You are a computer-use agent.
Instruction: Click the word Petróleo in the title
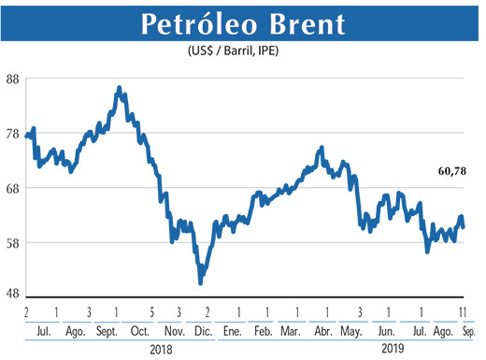pos(195,25)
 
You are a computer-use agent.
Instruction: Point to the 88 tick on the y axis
pos(15,79)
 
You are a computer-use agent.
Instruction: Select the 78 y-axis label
pos(15,134)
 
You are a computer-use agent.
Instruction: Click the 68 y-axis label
pos(15,189)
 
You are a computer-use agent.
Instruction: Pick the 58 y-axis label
pos(15,243)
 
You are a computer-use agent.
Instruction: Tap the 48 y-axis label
pos(15,294)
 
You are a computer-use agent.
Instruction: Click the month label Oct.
pos(140,330)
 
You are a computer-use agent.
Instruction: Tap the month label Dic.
pos(202,330)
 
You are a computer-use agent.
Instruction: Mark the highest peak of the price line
pos(119,88)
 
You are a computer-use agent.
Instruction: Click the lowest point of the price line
pos(200,282)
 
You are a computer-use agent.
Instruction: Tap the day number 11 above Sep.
pos(462,311)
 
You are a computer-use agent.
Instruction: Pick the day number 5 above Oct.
pos(151,311)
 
